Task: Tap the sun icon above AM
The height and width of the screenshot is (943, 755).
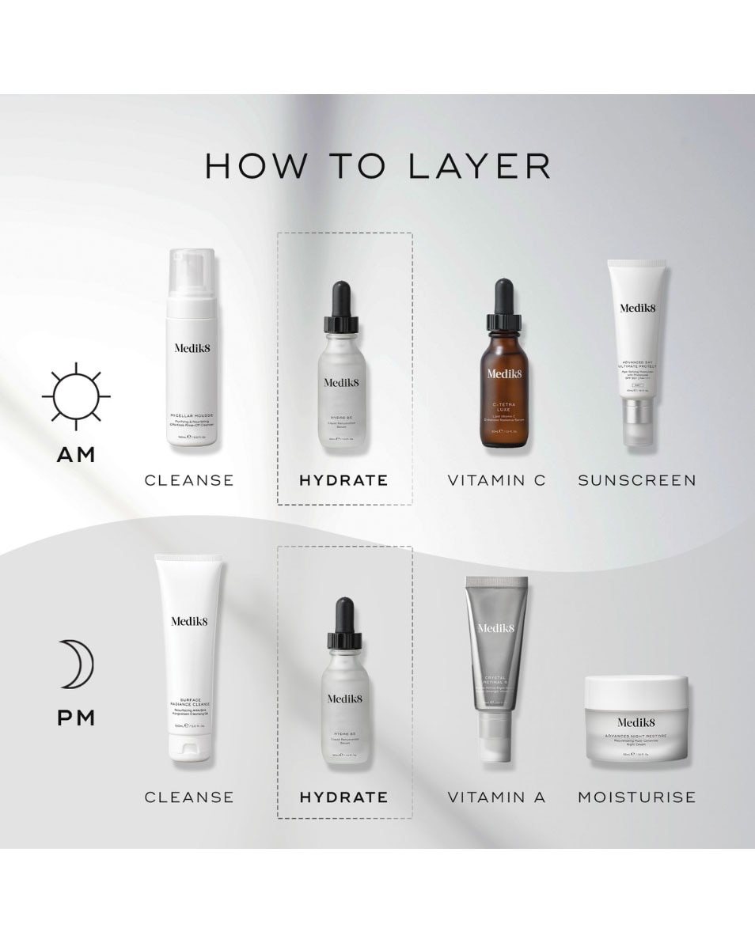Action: point(76,396)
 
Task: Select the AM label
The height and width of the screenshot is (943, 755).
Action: point(76,455)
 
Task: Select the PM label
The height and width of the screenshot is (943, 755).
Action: point(76,718)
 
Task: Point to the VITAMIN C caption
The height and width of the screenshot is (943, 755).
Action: point(496,480)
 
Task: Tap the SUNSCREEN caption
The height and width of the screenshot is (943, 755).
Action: point(636,480)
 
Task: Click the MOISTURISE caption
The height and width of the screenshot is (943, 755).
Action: point(636,797)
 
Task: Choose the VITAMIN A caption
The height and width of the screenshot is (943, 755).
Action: point(496,797)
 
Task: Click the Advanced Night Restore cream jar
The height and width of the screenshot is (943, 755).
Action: point(636,721)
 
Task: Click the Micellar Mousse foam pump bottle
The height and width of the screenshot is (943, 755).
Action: point(191,356)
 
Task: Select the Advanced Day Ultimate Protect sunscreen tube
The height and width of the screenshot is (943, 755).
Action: point(636,348)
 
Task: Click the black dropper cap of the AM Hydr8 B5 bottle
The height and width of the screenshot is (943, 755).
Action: point(341,305)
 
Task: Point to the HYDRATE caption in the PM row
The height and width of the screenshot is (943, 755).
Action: point(343,797)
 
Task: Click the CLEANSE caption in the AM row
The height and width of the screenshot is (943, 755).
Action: point(189,480)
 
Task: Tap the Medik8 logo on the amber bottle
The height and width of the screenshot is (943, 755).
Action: point(503,373)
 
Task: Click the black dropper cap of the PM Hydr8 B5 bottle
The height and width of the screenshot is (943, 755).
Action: point(344,621)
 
